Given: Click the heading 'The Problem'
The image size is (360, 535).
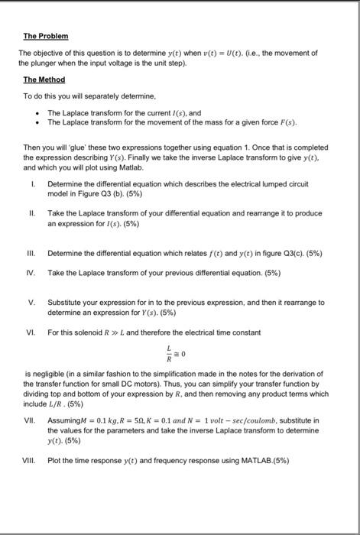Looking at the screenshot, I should pos(46,37).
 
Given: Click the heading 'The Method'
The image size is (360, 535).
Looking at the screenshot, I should pos(44,79).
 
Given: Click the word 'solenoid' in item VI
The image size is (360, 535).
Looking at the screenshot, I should pos(87,332).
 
